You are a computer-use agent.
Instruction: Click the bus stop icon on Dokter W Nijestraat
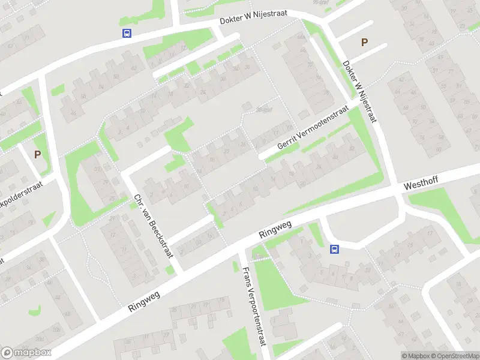tap(127, 34)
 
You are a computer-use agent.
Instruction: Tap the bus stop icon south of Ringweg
tap(334, 249)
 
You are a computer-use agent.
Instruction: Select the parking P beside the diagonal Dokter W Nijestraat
tap(363, 42)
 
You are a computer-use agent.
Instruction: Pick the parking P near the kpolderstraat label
tap(37, 154)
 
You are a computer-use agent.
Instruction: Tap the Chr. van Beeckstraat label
tap(154, 226)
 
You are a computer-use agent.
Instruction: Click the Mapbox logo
tap(26, 352)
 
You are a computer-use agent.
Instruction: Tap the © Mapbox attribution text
tap(416, 355)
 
